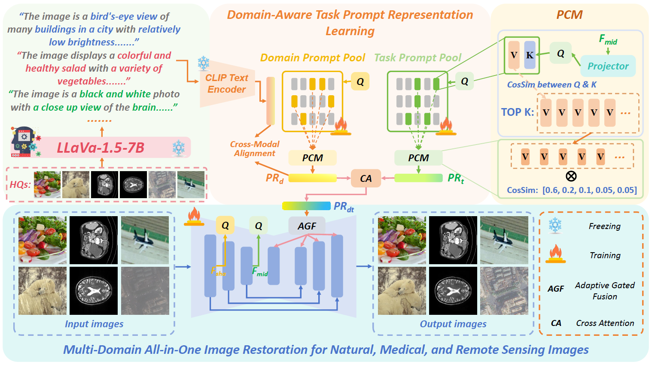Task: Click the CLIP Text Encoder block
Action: [227, 83]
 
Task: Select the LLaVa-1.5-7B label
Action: [101, 148]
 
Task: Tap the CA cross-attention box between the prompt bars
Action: [366, 178]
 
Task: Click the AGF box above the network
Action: [307, 226]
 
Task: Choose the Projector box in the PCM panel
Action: [608, 66]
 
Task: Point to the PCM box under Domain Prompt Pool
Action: [313, 158]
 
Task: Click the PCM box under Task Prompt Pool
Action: [418, 158]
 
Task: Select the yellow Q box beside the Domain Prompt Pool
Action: [360, 81]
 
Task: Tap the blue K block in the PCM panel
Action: [530, 55]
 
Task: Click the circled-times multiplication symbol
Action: [571, 176]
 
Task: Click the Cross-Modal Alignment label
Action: [255, 148]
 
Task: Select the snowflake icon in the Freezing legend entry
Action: [555, 226]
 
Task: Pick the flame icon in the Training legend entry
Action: [555, 253]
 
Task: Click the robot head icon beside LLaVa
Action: [25, 142]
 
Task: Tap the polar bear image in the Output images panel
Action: [402, 291]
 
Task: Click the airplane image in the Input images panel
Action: [145, 240]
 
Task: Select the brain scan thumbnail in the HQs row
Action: [133, 184]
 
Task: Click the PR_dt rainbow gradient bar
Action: [306, 206]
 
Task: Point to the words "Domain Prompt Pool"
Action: [313, 57]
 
